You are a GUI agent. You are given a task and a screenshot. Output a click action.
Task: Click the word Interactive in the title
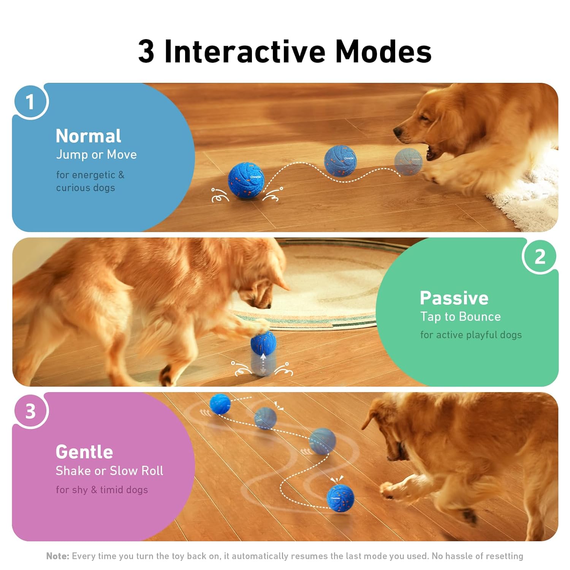tap(245, 51)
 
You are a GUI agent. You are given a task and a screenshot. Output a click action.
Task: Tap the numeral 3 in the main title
tap(146, 51)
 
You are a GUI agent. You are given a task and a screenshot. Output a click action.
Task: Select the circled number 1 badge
tap(30, 102)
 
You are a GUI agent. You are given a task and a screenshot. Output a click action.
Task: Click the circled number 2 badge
tap(540, 256)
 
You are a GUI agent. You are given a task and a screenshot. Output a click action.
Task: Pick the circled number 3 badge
tap(30, 411)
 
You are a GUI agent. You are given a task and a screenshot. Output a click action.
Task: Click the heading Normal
tap(88, 136)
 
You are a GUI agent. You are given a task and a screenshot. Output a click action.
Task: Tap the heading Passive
tap(454, 298)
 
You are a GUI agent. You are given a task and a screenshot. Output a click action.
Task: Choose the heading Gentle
tap(84, 452)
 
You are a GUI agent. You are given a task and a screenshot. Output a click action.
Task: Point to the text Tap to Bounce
tap(460, 317)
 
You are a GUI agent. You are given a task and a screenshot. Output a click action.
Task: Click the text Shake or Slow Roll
tap(109, 471)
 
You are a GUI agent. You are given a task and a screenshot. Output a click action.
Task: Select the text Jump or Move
tap(96, 155)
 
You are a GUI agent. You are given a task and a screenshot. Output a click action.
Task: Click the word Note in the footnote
tap(57, 556)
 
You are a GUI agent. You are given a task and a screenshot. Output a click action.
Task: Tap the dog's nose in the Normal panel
tap(398, 132)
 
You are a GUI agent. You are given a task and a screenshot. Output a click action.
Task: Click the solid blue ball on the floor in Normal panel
tap(245, 180)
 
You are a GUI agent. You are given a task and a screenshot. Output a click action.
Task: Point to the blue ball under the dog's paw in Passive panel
tap(263, 342)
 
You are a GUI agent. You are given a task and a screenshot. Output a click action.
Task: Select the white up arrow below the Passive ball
tap(263, 357)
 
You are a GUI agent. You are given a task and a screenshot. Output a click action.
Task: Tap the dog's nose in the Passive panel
tap(267, 305)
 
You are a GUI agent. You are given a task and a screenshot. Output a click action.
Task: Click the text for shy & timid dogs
tap(101, 490)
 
